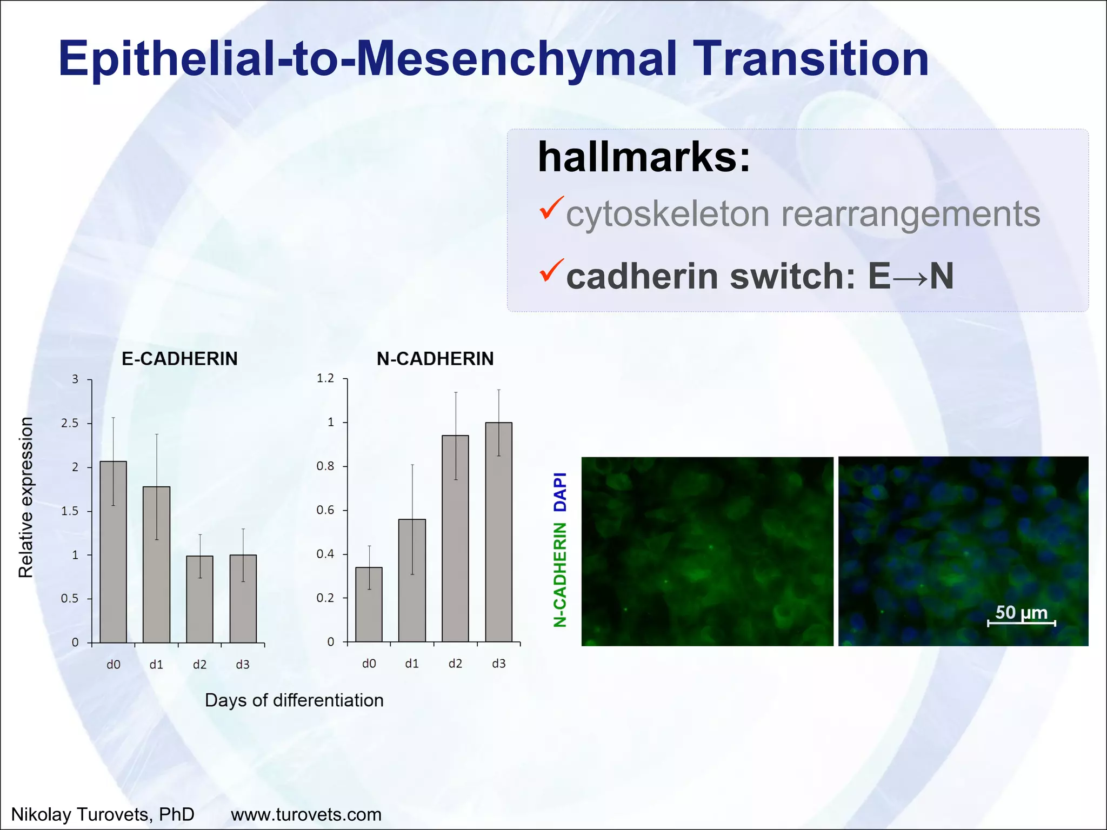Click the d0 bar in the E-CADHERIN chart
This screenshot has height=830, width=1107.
pyautogui.click(x=114, y=551)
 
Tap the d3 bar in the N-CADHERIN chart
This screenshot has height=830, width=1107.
pyautogui.click(x=498, y=532)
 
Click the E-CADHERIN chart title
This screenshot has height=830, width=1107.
pyautogui.click(x=179, y=359)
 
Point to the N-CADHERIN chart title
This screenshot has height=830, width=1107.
pyautogui.click(x=435, y=359)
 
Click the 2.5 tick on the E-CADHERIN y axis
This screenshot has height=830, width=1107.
pyautogui.click(x=70, y=423)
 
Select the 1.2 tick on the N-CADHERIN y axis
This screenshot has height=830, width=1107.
pyautogui.click(x=325, y=378)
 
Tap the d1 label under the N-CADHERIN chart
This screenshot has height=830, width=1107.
pyautogui.click(x=412, y=664)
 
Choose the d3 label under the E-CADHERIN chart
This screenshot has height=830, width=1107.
pyautogui.click(x=243, y=665)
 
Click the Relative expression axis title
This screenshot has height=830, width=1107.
pyautogui.click(x=26, y=497)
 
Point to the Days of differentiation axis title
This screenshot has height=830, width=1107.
pyautogui.click(x=294, y=700)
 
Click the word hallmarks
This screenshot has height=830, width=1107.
pyautogui.click(x=644, y=157)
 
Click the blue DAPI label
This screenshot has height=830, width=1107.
pyautogui.click(x=561, y=492)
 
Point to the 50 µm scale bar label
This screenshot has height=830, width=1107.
pyautogui.click(x=1021, y=612)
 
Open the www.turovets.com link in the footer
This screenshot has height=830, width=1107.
pyautogui.click(x=306, y=814)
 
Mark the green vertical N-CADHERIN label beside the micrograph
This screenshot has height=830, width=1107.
pyautogui.click(x=561, y=574)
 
